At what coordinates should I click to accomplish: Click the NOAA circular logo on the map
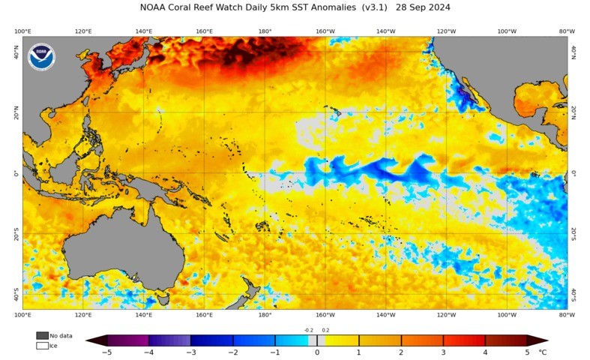click(41, 58)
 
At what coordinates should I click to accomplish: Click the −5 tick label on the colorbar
click(107, 352)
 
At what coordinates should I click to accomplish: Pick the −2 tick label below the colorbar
click(233, 352)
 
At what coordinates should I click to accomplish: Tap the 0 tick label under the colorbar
click(317, 352)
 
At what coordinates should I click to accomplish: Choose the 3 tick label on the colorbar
click(443, 352)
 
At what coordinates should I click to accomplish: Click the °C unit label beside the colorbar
click(543, 352)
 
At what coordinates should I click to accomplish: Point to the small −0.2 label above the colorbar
click(308, 330)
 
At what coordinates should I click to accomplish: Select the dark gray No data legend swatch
click(42, 335)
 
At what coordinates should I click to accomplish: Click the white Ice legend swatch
click(42, 346)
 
